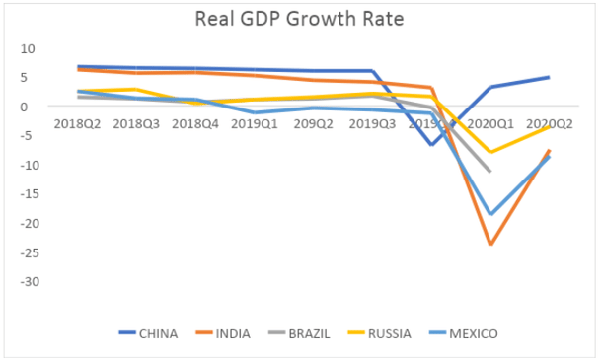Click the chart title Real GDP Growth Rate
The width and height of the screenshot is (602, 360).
[301, 20]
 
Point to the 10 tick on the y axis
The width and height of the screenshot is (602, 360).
[27, 48]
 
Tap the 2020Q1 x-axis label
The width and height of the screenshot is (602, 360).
[490, 124]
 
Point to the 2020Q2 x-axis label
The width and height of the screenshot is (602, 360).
[550, 124]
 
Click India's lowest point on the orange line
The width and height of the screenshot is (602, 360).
[490, 244]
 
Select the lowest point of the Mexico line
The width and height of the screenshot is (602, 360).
[490, 214]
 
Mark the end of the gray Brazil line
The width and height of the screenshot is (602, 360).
[490, 172]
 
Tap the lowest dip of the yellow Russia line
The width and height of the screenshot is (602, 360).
[490, 152]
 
